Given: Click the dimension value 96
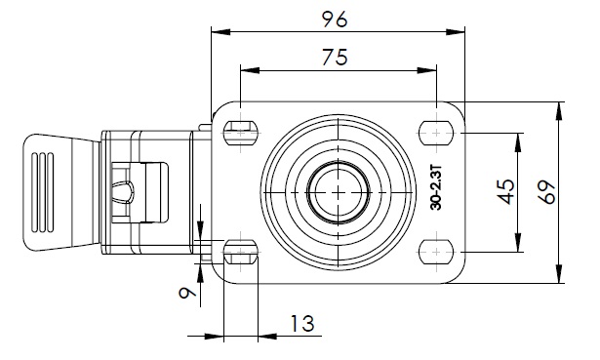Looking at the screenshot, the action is click(335, 20).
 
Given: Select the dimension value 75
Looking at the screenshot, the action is click(335, 57).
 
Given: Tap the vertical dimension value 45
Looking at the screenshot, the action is click(506, 191).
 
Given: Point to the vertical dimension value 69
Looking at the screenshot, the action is click(546, 192).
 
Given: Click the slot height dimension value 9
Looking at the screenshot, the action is click(187, 293).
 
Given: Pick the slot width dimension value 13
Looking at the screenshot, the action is click(302, 324).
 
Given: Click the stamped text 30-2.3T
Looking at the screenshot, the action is click(436, 187).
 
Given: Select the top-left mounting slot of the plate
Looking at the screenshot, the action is click(240, 133).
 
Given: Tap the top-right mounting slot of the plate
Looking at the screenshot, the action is click(436, 133).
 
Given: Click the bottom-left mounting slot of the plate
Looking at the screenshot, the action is click(240, 252).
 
